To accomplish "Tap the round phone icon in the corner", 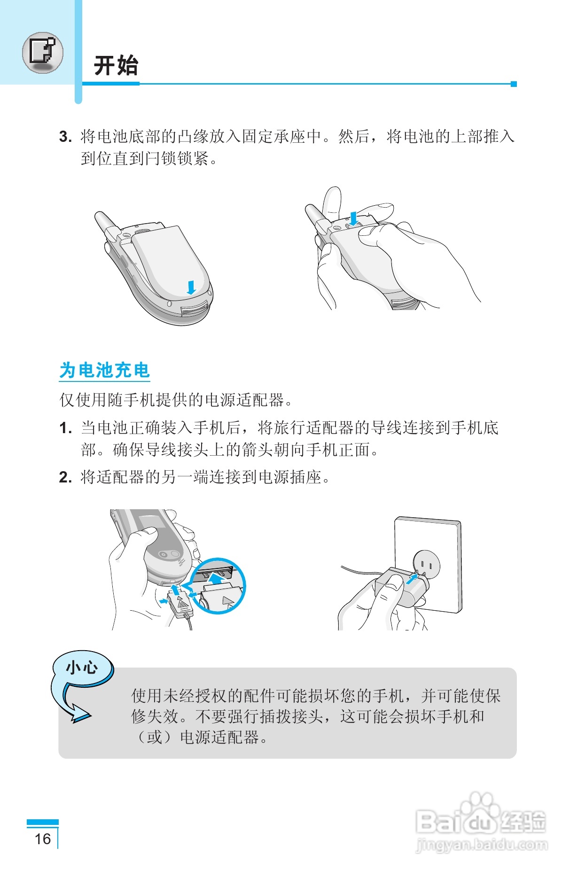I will [42, 53].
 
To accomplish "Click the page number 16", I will [43, 839].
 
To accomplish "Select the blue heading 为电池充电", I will [104, 370].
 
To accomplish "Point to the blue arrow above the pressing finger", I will [354, 218].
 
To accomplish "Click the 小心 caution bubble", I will [82, 667].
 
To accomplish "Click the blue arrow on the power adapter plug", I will [412, 579].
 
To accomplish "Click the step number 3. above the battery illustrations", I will [65, 137].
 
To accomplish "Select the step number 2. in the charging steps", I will [65, 478].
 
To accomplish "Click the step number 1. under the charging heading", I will [65, 428].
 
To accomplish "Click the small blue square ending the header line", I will [514, 84].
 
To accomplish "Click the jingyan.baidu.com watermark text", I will [482, 846].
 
